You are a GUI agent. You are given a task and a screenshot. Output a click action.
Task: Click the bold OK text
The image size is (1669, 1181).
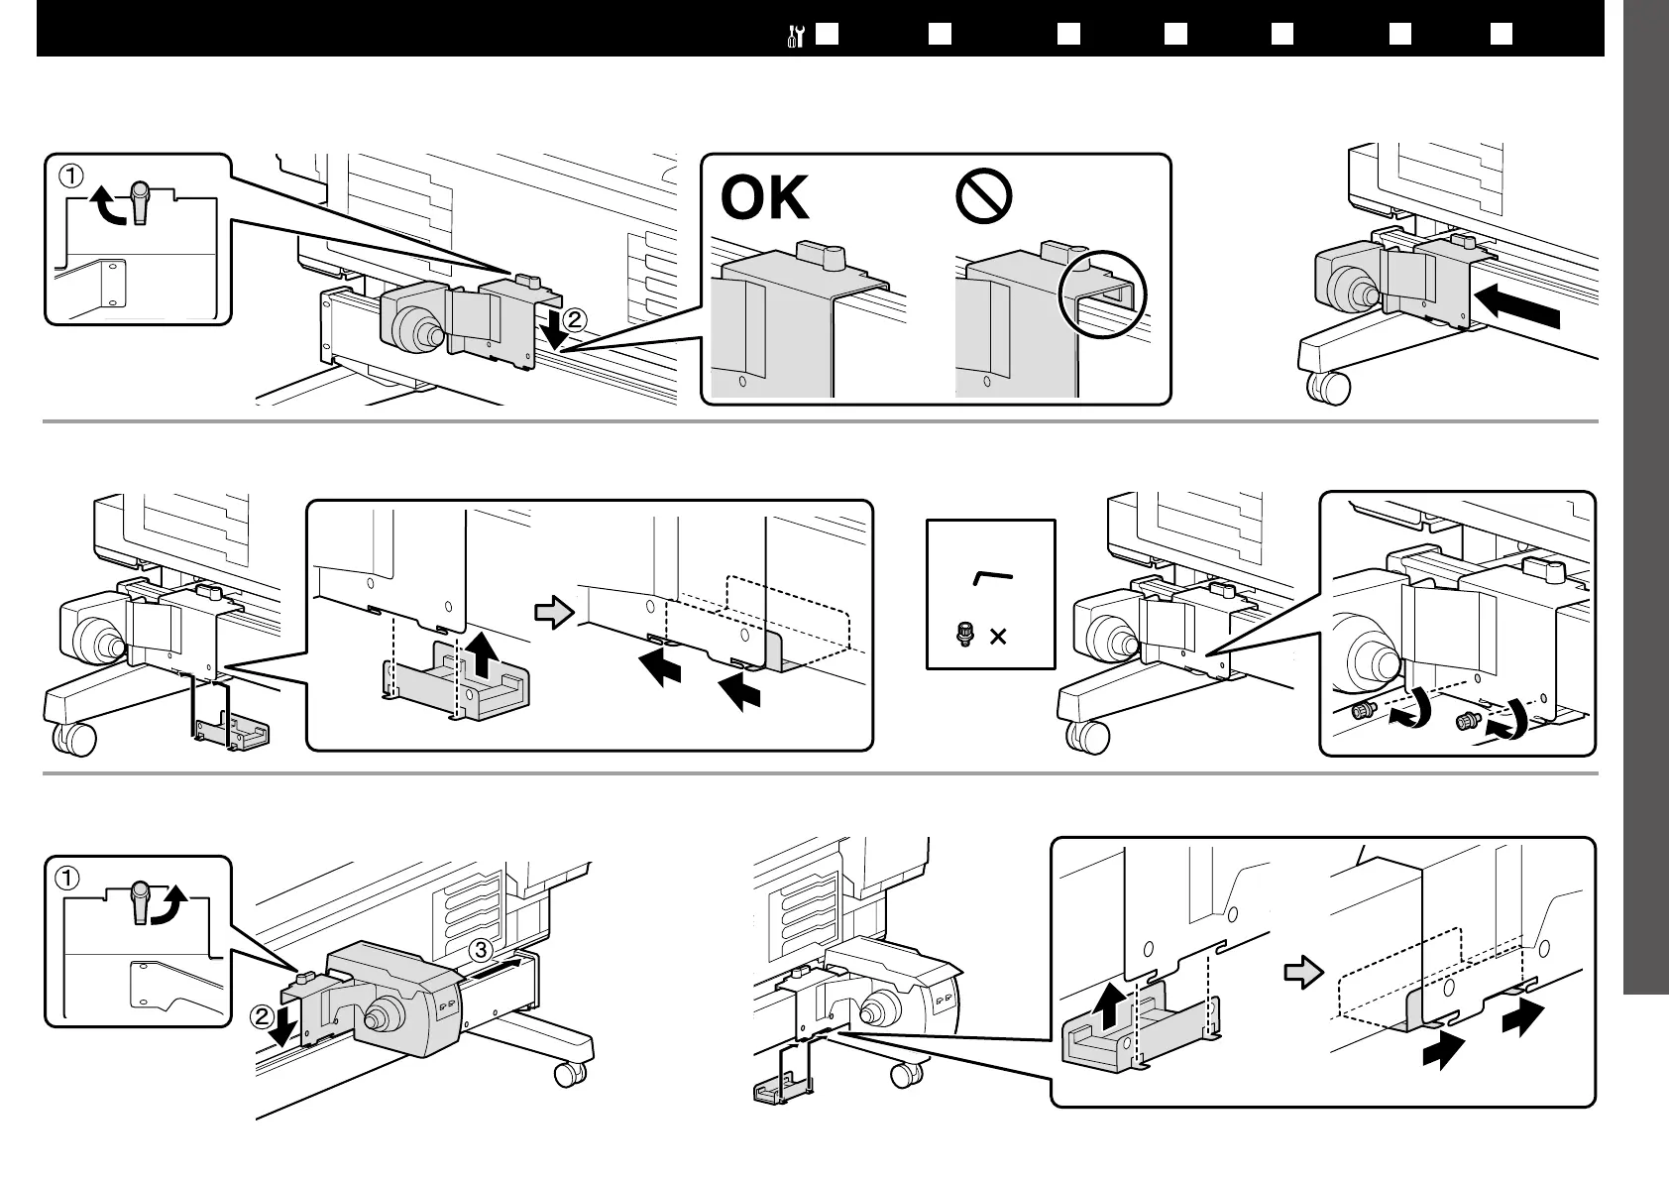pos(764,198)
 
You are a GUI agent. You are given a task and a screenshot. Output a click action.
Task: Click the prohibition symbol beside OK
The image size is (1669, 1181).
pos(983,196)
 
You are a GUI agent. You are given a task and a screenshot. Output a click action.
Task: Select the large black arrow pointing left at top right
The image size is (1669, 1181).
pos(1516,307)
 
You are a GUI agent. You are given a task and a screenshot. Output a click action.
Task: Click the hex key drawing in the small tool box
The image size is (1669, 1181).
pos(992,577)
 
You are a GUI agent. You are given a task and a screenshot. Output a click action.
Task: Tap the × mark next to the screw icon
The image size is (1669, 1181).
pos(998,636)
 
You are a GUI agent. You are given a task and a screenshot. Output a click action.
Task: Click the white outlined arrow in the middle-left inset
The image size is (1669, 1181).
pos(553,612)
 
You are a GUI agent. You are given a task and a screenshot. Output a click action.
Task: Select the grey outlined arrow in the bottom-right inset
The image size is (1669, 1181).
pos(1303,972)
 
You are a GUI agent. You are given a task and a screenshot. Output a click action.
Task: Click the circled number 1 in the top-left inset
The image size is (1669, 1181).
pos(70,177)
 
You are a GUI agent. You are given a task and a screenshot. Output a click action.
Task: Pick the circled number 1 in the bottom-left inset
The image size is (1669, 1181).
pos(68,878)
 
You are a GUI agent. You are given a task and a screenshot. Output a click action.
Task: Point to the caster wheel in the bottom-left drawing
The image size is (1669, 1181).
pos(569,1073)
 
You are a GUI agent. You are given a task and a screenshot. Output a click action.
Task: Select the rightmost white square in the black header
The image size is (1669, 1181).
pos(1501,34)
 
